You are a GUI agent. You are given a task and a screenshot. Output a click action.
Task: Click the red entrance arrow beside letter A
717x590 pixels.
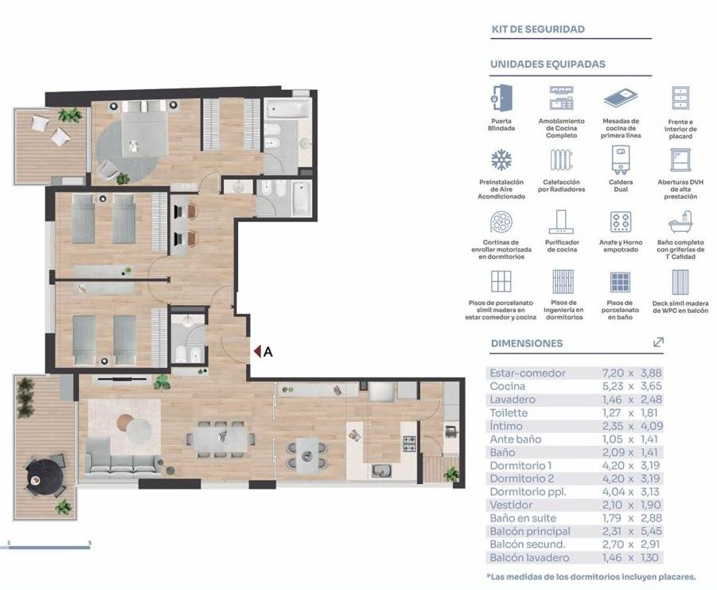257,351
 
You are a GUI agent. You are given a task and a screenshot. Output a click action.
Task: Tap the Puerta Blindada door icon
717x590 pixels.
501,98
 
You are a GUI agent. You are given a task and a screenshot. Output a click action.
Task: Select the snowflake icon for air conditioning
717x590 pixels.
501,160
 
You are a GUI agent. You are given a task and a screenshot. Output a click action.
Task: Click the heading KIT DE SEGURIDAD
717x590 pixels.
538,29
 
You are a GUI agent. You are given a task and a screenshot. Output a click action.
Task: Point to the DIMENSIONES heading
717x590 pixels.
527,343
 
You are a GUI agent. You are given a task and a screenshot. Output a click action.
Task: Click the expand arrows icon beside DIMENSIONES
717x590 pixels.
658,342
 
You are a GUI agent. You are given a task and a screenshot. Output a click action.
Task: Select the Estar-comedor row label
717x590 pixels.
528,373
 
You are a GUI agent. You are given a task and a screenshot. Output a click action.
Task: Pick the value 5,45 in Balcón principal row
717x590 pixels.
651,531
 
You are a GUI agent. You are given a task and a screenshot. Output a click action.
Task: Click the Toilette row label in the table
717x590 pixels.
509,413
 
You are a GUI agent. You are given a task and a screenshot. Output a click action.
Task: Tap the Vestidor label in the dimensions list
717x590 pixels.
511,505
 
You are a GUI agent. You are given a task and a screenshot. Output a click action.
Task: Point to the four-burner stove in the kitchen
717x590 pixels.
409,443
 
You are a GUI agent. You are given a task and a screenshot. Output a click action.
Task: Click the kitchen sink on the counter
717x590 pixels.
381,471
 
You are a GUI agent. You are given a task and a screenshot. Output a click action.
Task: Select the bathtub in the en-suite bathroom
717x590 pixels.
287,109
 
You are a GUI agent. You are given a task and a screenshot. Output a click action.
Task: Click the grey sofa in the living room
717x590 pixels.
123,458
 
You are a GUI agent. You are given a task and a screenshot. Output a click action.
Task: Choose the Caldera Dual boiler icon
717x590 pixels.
621,160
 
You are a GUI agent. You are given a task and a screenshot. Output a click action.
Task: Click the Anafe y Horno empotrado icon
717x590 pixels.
621,222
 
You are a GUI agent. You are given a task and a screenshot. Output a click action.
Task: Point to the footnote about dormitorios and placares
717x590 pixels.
591,576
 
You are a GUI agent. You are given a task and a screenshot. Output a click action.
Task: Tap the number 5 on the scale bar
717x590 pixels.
90,543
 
